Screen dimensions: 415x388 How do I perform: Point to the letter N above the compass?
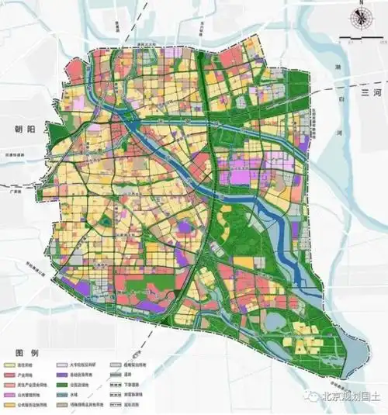tap(361, 5)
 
